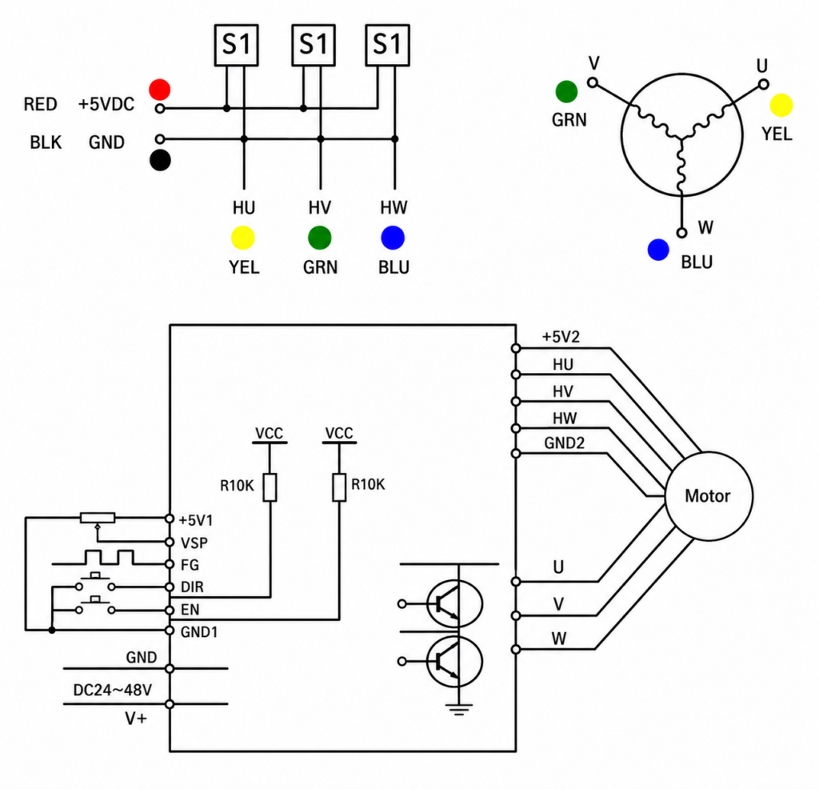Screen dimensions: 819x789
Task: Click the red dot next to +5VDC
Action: [x=160, y=90]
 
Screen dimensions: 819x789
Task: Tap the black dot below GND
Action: [x=160, y=160]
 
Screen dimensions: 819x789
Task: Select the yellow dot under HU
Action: [x=243, y=238]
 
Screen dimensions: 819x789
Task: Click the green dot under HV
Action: [x=320, y=238]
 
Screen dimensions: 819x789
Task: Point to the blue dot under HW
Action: [x=393, y=238]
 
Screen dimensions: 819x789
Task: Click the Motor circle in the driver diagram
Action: [x=709, y=496]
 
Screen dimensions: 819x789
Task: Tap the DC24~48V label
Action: [x=112, y=691]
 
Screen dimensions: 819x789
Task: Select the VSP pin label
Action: [x=194, y=543]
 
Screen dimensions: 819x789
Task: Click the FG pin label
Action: [x=190, y=565]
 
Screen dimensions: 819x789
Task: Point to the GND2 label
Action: [x=564, y=443]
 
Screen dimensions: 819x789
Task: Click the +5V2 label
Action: [x=561, y=337]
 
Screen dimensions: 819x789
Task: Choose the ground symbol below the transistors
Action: [x=458, y=709]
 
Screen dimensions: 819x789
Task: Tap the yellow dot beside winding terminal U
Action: [x=781, y=105]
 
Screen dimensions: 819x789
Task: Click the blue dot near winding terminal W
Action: [x=658, y=250]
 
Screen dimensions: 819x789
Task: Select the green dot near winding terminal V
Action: [x=566, y=91]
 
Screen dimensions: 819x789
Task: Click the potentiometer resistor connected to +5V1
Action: [x=98, y=518]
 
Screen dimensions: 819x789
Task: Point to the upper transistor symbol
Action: [x=454, y=604]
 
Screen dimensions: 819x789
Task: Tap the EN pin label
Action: [x=190, y=610]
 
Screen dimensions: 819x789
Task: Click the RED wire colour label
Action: [x=40, y=105]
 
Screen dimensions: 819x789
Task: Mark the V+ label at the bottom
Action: [x=136, y=719]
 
